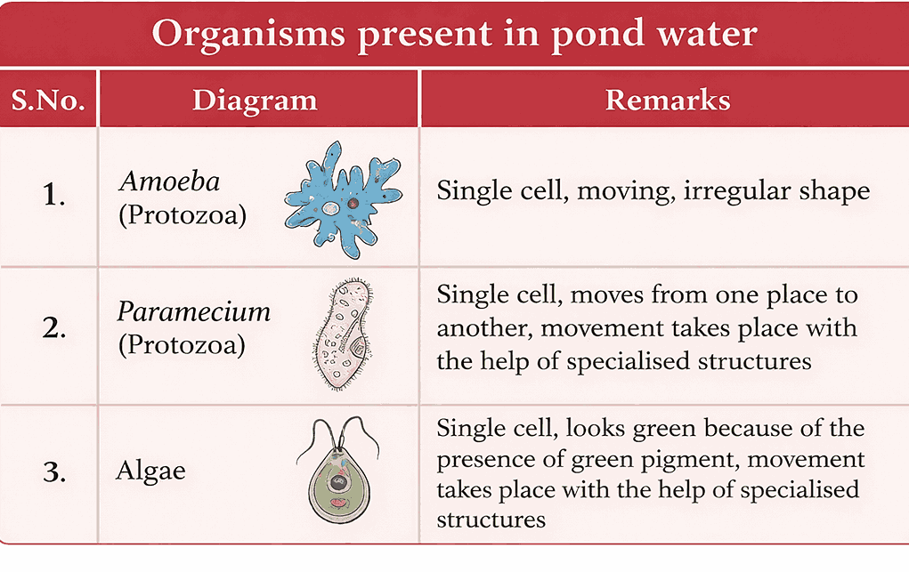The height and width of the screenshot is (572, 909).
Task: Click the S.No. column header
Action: (x=48, y=101)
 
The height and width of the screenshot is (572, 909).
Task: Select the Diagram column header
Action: (x=256, y=101)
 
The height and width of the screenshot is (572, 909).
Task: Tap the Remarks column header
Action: (x=668, y=100)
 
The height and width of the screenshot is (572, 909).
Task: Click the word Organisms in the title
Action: (x=248, y=34)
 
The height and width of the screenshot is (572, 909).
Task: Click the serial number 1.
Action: (x=53, y=195)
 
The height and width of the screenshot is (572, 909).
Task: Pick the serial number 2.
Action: (x=54, y=328)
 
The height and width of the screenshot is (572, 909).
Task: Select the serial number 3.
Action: (x=54, y=471)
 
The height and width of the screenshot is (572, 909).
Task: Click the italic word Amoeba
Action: (x=170, y=181)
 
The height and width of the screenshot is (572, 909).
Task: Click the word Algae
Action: (x=150, y=471)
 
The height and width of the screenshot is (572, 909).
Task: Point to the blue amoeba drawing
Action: (x=343, y=200)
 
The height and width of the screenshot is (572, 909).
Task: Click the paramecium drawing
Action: (x=343, y=334)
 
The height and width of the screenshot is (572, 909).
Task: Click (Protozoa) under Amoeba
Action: (x=183, y=215)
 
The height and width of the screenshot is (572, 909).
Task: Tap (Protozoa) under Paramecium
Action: (x=182, y=345)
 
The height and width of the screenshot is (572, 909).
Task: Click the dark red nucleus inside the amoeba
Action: (x=353, y=204)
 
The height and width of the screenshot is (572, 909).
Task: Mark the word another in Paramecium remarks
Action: (x=484, y=328)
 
